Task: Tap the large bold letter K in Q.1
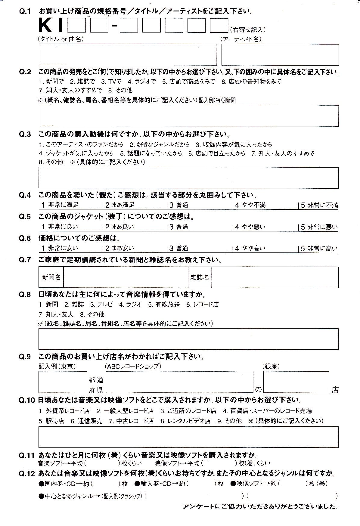point(45,25)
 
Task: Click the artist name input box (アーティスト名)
point(280,54)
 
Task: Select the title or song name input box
point(128,54)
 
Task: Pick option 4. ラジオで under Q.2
point(141,81)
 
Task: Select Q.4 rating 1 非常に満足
point(60,205)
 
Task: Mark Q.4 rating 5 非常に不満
point(319,205)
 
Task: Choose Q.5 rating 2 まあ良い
point(119,227)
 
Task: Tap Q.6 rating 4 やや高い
point(250,248)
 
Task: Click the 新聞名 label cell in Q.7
point(51,277)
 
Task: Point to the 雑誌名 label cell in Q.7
point(199,277)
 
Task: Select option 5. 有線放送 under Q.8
point(164,305)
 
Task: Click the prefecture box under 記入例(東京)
point(63,382)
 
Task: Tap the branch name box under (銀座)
point(296,382)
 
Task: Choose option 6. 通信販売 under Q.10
point(87,421)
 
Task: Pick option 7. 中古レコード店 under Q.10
point(131,421)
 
